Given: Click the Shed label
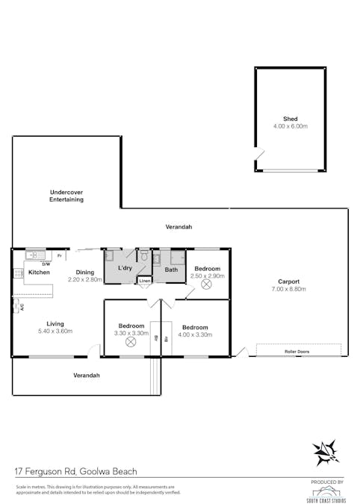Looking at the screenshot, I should [290, 119].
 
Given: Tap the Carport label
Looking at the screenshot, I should [288, 281].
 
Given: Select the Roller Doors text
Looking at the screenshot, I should [297, 350].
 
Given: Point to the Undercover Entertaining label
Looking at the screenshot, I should [66, 196].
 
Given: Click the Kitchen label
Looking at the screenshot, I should [39, 273].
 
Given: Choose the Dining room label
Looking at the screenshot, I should [84, 273].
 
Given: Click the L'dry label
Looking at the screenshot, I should [125, 267].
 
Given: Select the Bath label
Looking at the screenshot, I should [171, 270].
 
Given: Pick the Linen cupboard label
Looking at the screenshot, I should [145, 281].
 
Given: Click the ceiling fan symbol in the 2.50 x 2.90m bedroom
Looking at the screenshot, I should [207, 284].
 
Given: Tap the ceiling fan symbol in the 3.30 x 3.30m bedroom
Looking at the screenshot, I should [131, 341].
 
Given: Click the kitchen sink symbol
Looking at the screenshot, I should [34, 255].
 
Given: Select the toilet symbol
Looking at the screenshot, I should [145, 256].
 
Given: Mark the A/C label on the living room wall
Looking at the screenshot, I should [22, 306].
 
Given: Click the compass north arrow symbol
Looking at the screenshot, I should [326, 452].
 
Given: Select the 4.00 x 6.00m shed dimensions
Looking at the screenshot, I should [290, 126].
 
